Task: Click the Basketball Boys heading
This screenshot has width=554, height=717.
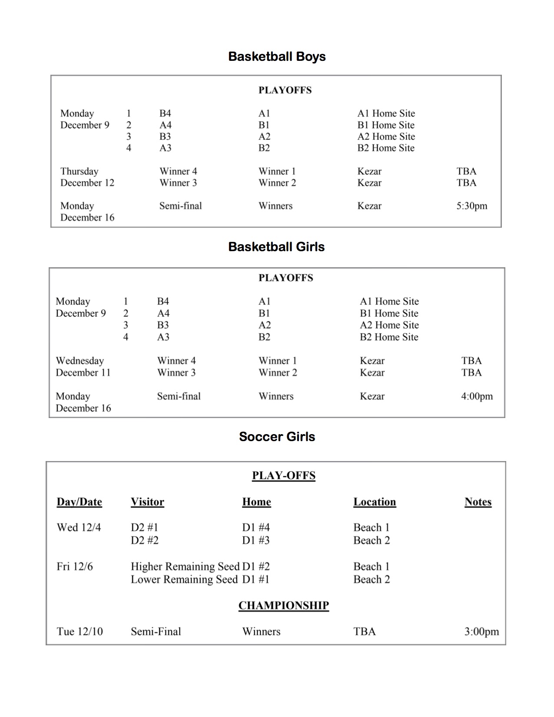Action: click(277, 56)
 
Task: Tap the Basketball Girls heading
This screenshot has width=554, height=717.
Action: click(276, 247)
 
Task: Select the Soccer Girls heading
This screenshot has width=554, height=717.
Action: click(277, 437)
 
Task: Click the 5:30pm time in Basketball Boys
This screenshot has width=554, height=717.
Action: click(471, 206)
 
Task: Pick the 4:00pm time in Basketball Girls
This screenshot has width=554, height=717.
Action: click(477, 396)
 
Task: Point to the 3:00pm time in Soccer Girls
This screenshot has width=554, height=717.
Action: click(481, 631)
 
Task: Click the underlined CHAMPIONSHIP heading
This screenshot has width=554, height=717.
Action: click(283, 605)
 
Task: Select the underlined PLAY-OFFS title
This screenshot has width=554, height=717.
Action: click(283, 475)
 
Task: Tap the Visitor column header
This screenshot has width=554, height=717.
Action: click(147, 502)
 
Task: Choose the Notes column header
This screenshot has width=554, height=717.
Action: click(478, 502)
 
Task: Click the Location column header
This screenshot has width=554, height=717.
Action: click(375, 502)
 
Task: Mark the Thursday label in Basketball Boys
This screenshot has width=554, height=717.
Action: click(80, 171)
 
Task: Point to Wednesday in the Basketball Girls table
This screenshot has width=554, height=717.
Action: click(80, 361)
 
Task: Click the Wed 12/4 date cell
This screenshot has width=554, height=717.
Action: click(79, 528)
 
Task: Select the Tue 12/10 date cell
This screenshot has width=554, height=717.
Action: click(80, 631)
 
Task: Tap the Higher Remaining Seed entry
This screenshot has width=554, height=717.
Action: click(185, 567)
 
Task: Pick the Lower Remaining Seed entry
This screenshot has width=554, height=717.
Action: click(184, 580)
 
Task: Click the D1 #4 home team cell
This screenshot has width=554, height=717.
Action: click(256, 528)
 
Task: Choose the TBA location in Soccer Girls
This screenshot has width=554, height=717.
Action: click(364, 631)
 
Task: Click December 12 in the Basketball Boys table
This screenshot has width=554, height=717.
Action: click(87, 183)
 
